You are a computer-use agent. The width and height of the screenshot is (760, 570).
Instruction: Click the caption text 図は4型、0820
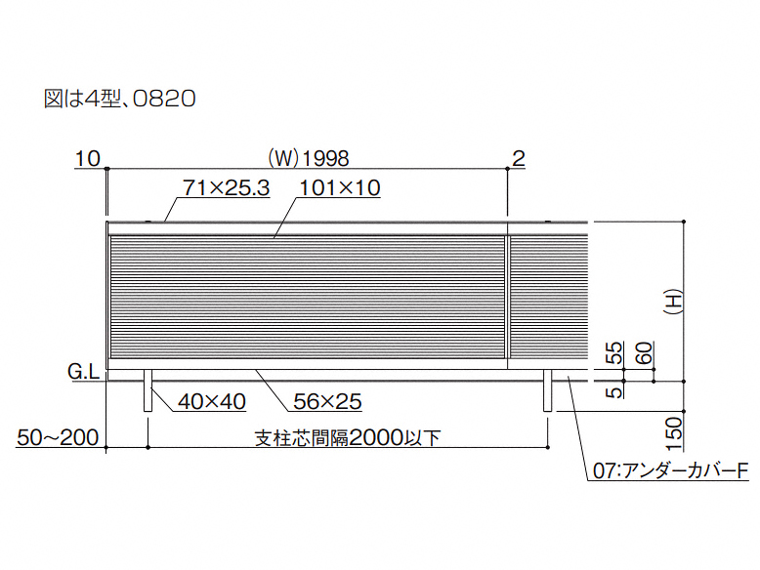(x=120, y=99)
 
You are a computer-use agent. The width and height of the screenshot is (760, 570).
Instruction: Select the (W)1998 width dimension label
(x=309, y=158)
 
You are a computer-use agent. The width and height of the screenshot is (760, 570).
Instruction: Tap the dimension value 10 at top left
(x=88, y=158)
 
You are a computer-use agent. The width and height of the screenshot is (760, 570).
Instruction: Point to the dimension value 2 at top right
(x=519, y=158)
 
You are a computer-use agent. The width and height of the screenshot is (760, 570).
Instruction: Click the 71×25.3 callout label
(x=226, y=188)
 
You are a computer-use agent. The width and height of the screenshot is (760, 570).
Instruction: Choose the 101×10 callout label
(x=339, y=188)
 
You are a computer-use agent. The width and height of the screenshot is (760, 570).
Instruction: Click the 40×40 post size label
(x=212, y=401)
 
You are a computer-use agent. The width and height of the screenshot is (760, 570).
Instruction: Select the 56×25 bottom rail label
(x=327, y=401)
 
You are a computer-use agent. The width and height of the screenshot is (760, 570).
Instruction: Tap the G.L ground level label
(x=83, y=372)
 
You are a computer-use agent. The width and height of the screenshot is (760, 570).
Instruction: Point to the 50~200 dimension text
(x=58, y=438)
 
